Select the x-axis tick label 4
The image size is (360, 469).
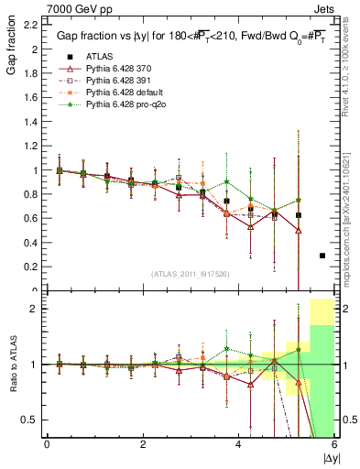coord(238,444)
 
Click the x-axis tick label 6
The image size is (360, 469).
coord(333,444)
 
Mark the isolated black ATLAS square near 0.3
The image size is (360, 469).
coord(322,256)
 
